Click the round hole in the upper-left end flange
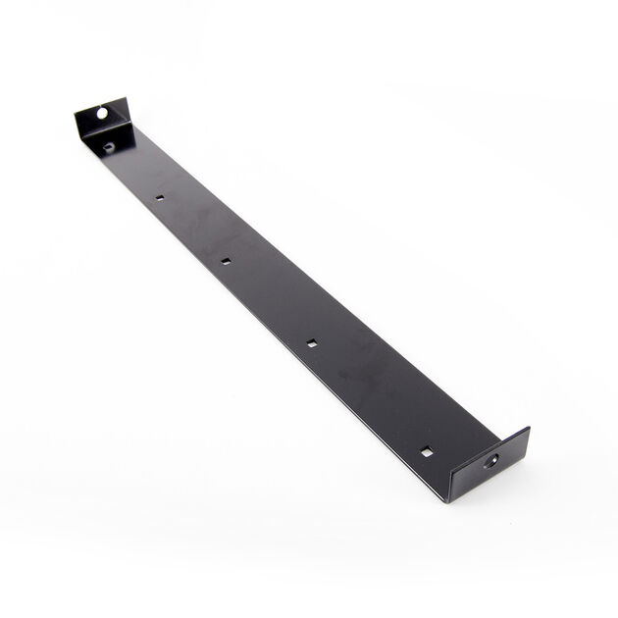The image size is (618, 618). [x=101, y=114]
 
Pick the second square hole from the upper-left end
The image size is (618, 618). [x=225, y=261]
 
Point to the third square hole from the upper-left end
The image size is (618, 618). [x=311, y=342]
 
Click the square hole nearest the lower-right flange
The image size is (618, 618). [x=427, y=451]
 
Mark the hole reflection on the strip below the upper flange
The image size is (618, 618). [x=109, y=147]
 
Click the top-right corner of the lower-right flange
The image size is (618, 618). [x=529, y=428]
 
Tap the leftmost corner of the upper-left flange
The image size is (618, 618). [x=75, y=116]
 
